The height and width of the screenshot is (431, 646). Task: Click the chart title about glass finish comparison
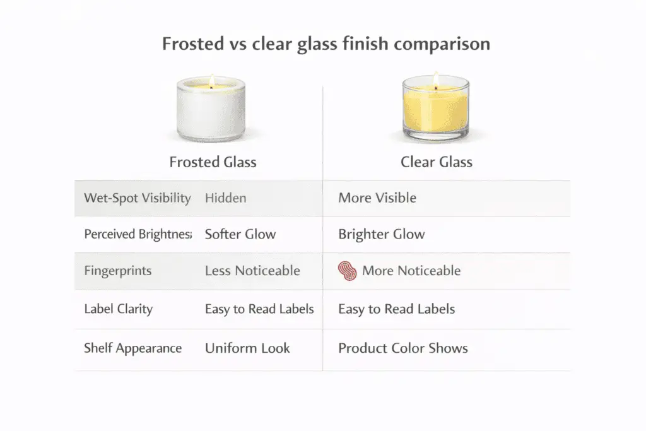(326, 45)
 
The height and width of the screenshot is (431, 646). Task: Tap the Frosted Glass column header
(213, 162)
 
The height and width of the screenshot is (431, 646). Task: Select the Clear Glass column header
(436, 162)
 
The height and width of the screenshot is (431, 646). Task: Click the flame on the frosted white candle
(211, 81)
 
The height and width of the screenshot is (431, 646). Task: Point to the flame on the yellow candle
(435, 80)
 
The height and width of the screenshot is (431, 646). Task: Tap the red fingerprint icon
(348, 271)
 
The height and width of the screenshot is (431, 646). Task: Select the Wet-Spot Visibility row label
(137, 198)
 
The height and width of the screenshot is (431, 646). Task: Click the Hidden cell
(225, 198)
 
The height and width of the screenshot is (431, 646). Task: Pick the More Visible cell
(377, 198)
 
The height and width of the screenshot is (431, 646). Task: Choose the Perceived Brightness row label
(138, 234)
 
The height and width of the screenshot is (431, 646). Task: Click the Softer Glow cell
(240, 234)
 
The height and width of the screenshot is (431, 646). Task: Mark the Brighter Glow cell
(382, 234)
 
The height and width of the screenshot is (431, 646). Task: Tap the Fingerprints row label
(117, 271)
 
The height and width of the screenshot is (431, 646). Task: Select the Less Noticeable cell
(252, 271)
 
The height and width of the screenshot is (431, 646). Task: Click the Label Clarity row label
(118, 309)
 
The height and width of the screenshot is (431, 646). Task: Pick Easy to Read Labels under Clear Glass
(396, 309)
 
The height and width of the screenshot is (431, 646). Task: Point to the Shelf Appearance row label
(132, 348)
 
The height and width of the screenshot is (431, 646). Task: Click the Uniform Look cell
(247, 348)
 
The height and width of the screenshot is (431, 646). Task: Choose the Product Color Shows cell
(403, 348)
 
